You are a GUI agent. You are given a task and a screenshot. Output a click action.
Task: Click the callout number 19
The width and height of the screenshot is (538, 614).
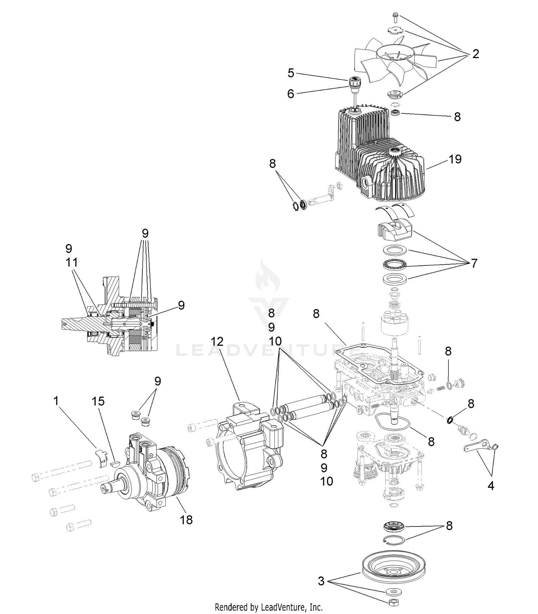(455, 159)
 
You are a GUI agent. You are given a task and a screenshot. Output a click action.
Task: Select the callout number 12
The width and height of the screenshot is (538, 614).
(217, 341)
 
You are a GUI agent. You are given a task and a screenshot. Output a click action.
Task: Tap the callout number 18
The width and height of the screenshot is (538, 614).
(186, 519)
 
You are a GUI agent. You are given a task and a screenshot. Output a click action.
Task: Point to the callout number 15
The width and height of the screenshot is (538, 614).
(98, 401)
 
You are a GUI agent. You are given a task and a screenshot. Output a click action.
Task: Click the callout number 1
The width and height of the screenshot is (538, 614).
(56, 401)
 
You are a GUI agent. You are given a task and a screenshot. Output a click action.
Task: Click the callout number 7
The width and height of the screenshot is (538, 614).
(474, 263)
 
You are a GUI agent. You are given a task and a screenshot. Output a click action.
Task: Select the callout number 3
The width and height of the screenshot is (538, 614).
(321, 581)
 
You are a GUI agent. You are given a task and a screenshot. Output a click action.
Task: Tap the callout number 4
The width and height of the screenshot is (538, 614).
(491, 486)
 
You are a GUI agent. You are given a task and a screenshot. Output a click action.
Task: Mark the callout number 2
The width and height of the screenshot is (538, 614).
(476, 54)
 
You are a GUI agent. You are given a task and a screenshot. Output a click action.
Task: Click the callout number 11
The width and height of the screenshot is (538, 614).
(72, 262)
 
